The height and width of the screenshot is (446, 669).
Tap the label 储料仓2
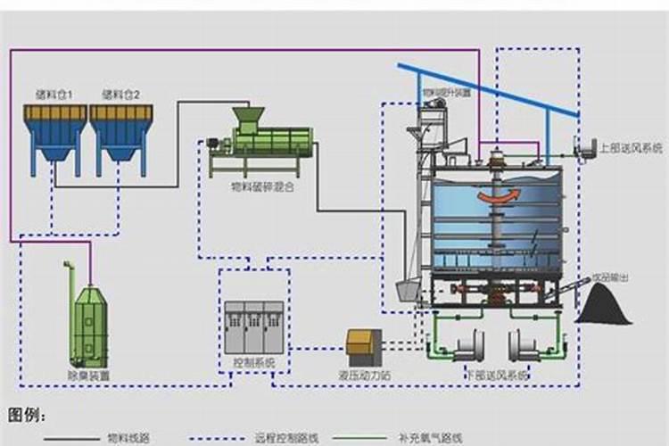pos(120,94)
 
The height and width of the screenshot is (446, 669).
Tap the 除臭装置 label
pos(90,376)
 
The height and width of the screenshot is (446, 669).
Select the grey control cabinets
pos(253,326)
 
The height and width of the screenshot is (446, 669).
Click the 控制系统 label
pos(253,364)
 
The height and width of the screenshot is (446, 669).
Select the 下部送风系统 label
pos(496,376)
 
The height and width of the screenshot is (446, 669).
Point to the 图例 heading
pos(27,415)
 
